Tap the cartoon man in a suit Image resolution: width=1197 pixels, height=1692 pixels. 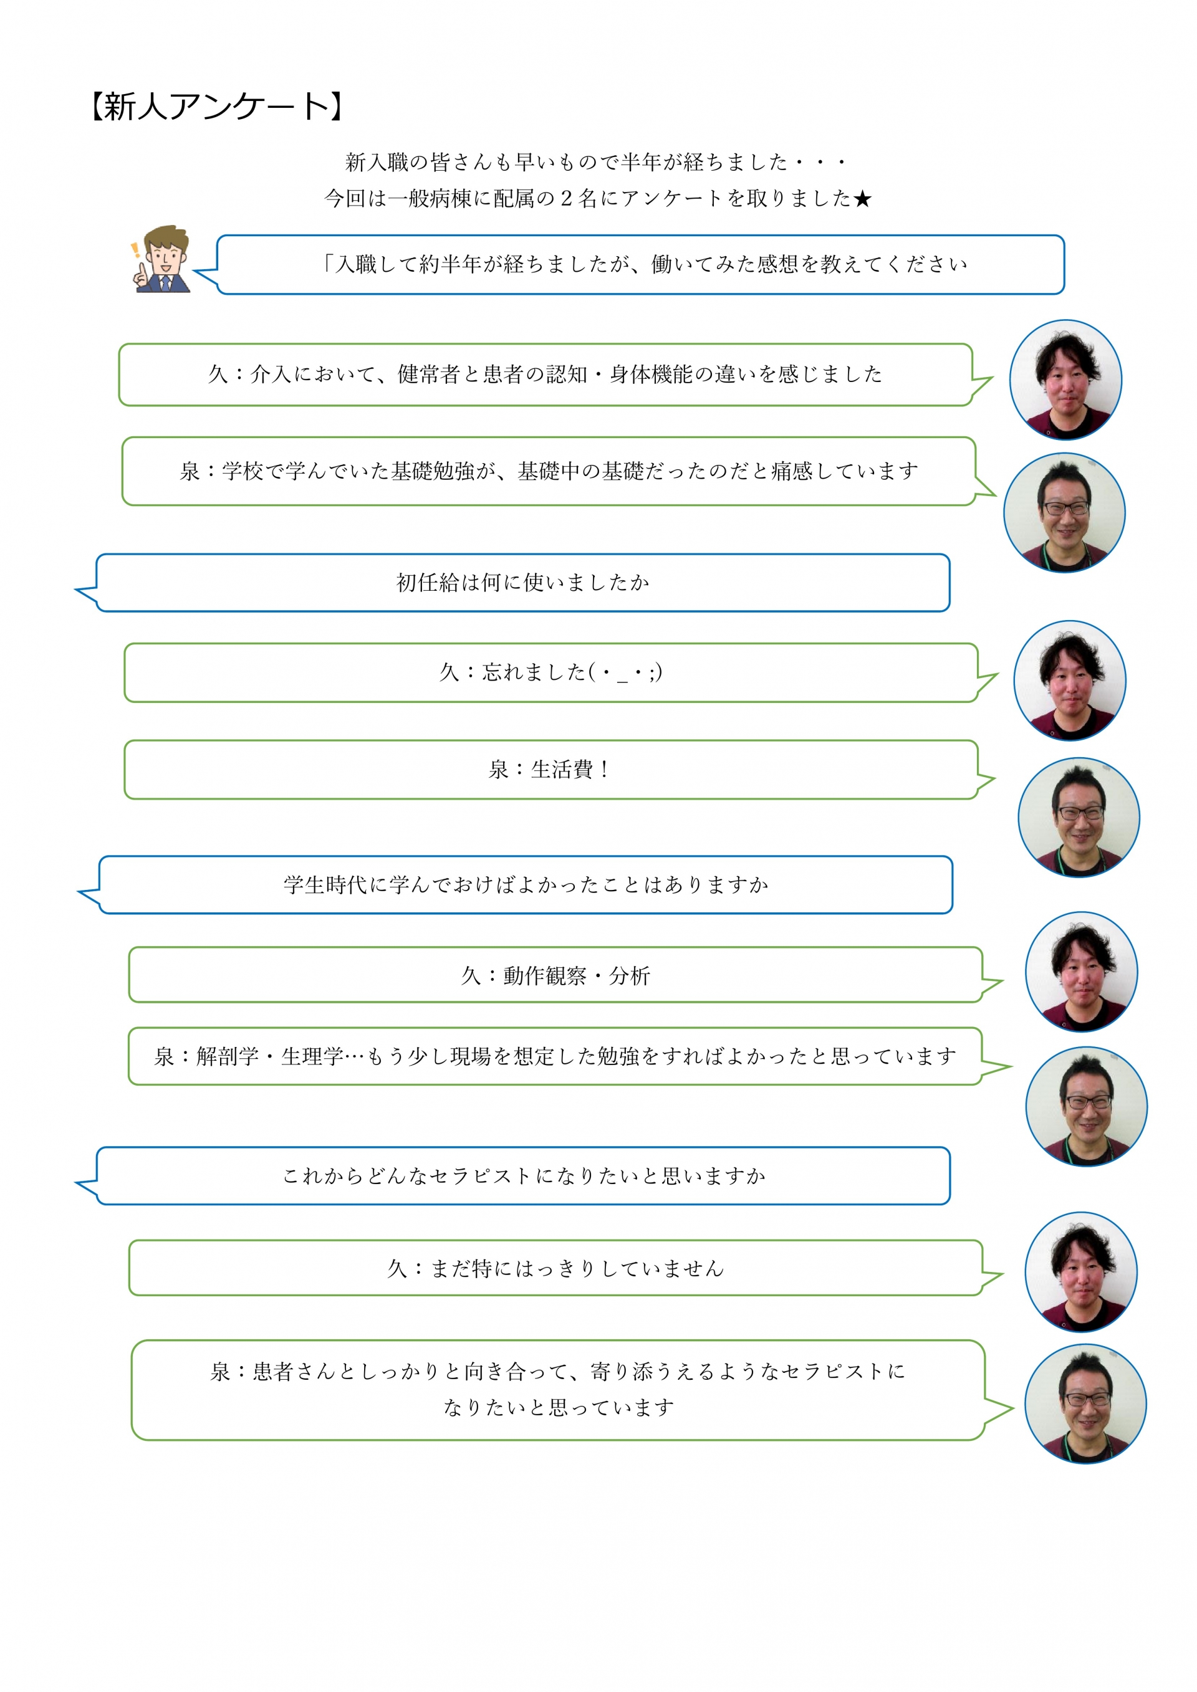163,259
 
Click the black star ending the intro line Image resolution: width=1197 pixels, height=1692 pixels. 862,198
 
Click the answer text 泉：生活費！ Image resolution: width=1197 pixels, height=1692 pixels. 549,770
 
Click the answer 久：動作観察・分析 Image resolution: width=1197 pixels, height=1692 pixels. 555,976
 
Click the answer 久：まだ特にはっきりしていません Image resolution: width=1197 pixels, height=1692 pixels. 555,1268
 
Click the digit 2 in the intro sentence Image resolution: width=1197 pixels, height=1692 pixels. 566,198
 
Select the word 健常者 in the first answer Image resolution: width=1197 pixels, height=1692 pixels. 428,375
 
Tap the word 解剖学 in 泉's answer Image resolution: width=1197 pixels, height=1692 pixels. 228,1057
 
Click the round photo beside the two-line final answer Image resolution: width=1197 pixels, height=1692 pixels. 1085,1404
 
